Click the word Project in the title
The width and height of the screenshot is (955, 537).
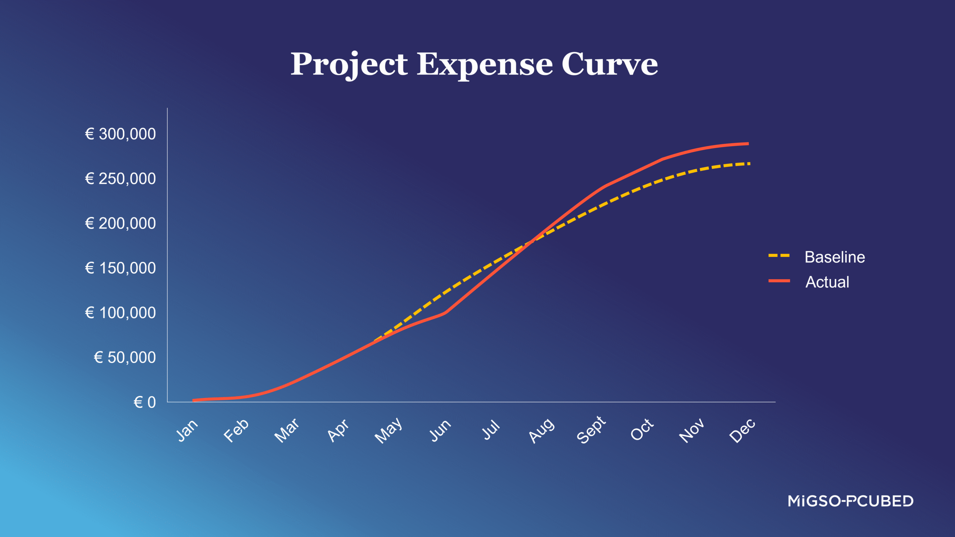(349, 65)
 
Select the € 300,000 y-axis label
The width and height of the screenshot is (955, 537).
(120, 134)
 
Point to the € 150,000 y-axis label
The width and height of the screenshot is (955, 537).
(120, 268)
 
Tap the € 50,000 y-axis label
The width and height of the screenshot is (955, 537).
(125, 357)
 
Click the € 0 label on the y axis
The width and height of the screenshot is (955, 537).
(145, 402)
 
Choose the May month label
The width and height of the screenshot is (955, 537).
(388, 431)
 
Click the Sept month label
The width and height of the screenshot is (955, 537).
(591, 430)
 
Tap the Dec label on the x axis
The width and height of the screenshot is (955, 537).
(742, 431)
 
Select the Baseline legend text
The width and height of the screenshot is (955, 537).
(835, 257)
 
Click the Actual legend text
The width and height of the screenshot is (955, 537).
(827, 282)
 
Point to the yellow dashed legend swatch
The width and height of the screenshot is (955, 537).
(779, 256)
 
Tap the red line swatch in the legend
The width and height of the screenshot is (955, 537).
(779, 281)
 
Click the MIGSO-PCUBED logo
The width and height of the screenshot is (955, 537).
(850, 501)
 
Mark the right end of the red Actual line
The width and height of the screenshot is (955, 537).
(748, 144)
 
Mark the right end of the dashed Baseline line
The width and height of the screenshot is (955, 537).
(749, 164)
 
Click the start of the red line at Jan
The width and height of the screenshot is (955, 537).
(194, 400)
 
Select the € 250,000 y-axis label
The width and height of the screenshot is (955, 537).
(120, 179)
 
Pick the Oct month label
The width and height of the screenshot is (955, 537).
(642, 430)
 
